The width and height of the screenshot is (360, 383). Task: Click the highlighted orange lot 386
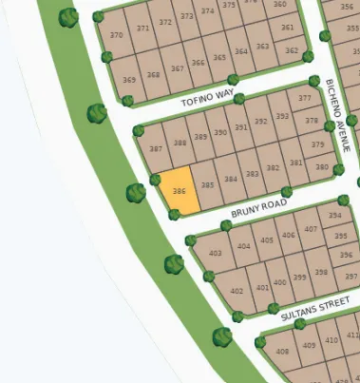[179, 190]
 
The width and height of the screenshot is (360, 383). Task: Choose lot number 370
[117, 36]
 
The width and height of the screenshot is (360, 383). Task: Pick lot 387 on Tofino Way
[156, 149]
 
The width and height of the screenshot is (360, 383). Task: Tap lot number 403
[216, 253]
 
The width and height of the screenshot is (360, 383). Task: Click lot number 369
[129, 79]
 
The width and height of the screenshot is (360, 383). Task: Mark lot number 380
[322, 168]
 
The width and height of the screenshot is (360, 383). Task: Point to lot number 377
[305, 98]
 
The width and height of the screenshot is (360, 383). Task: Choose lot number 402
[237, 291]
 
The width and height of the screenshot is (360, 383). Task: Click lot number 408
[282, 352]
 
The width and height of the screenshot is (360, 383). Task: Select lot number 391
[240, 126]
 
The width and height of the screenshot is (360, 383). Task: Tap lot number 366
[198, 64]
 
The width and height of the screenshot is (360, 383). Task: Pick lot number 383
[252, 174]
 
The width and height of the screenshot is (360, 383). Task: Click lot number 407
[311, 230]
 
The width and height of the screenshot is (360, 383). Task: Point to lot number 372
[166, 23]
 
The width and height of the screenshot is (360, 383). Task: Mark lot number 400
[279, 283]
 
